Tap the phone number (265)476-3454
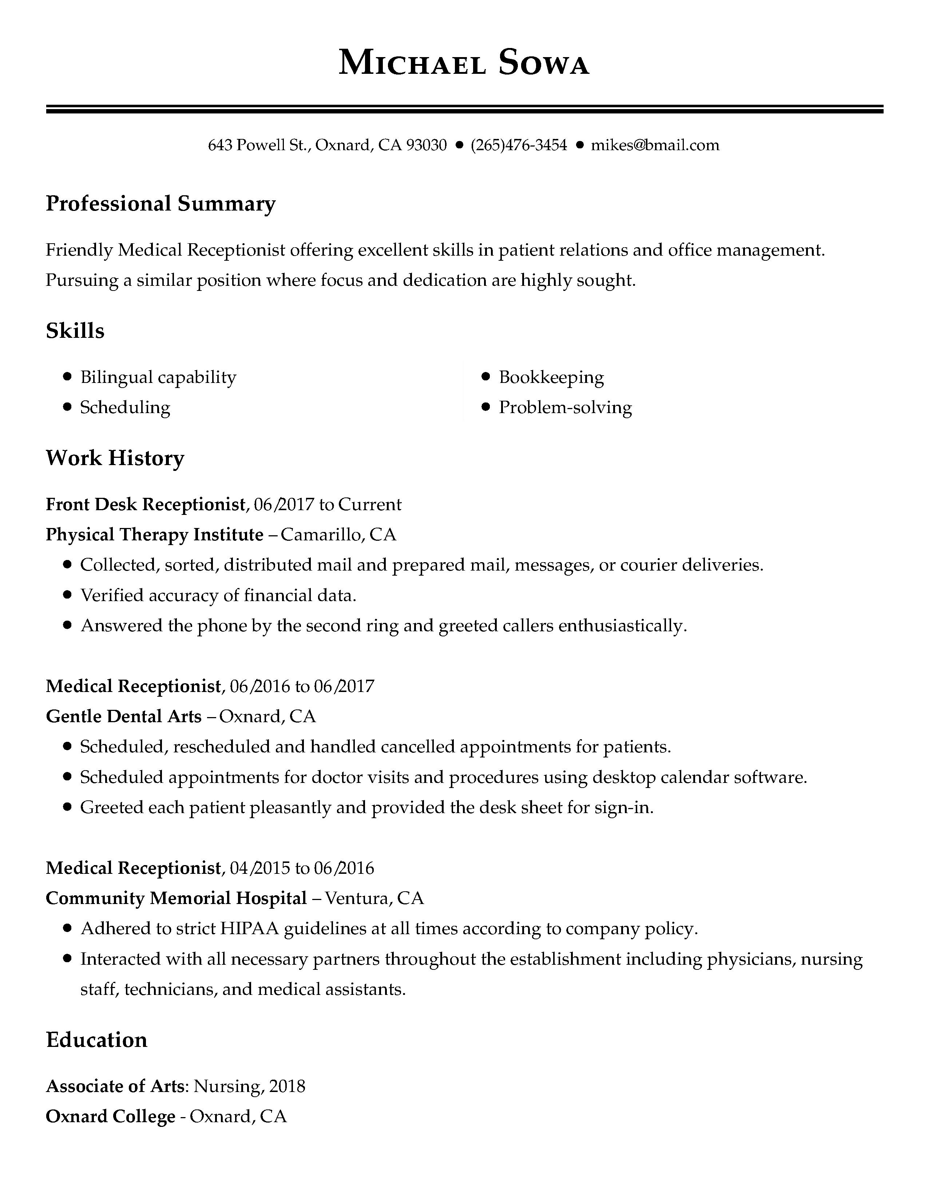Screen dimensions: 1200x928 click(x=519, y=145)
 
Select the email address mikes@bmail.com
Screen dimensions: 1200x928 click(x=655, y=145)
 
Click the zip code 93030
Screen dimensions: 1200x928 click(x=426, y=145)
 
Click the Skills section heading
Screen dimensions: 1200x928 click(x=75, y=331)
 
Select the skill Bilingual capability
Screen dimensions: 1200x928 click(x=158, y=377)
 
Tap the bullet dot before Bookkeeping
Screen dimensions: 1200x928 click(x=485, y=377)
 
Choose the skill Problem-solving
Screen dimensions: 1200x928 click(x=565, y=407)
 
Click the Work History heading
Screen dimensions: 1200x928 click(x=115, y=458)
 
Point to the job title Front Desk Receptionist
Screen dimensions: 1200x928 click(x=145, y=504)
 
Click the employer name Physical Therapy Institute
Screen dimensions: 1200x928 click(x=154, y=534)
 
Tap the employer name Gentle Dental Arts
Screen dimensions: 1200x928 click(x=124, y=716)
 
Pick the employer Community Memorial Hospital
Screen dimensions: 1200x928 click(x=176, y=898)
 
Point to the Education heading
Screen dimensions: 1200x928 click(x=97, y=1040)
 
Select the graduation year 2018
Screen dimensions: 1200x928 click(x=287, y=1086)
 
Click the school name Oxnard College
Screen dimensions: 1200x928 click(x=111, y=1116)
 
